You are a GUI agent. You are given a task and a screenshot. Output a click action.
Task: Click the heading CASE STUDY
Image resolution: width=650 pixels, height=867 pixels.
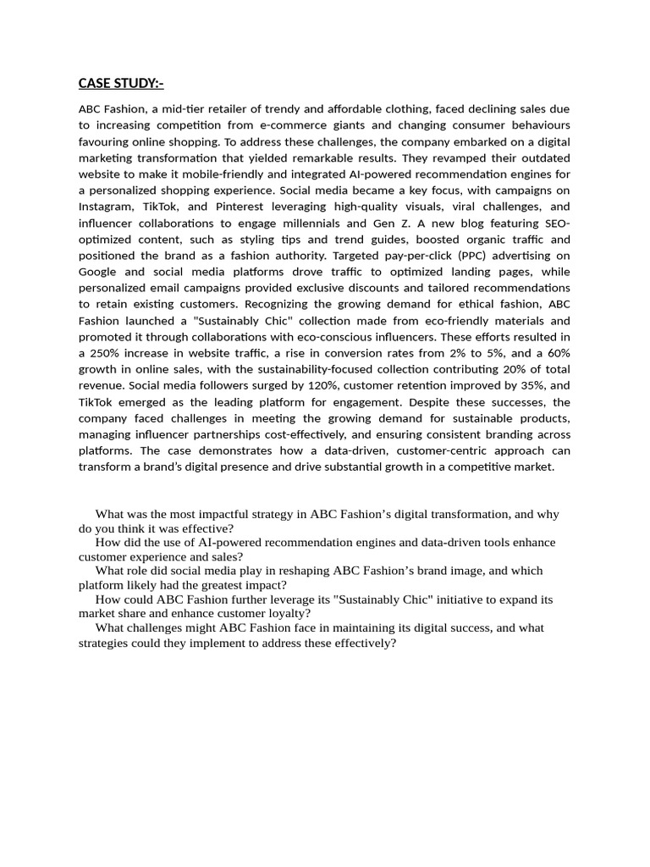(121, 82)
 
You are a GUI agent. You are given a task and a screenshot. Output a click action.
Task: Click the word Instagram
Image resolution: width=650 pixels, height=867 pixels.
(107, 207)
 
